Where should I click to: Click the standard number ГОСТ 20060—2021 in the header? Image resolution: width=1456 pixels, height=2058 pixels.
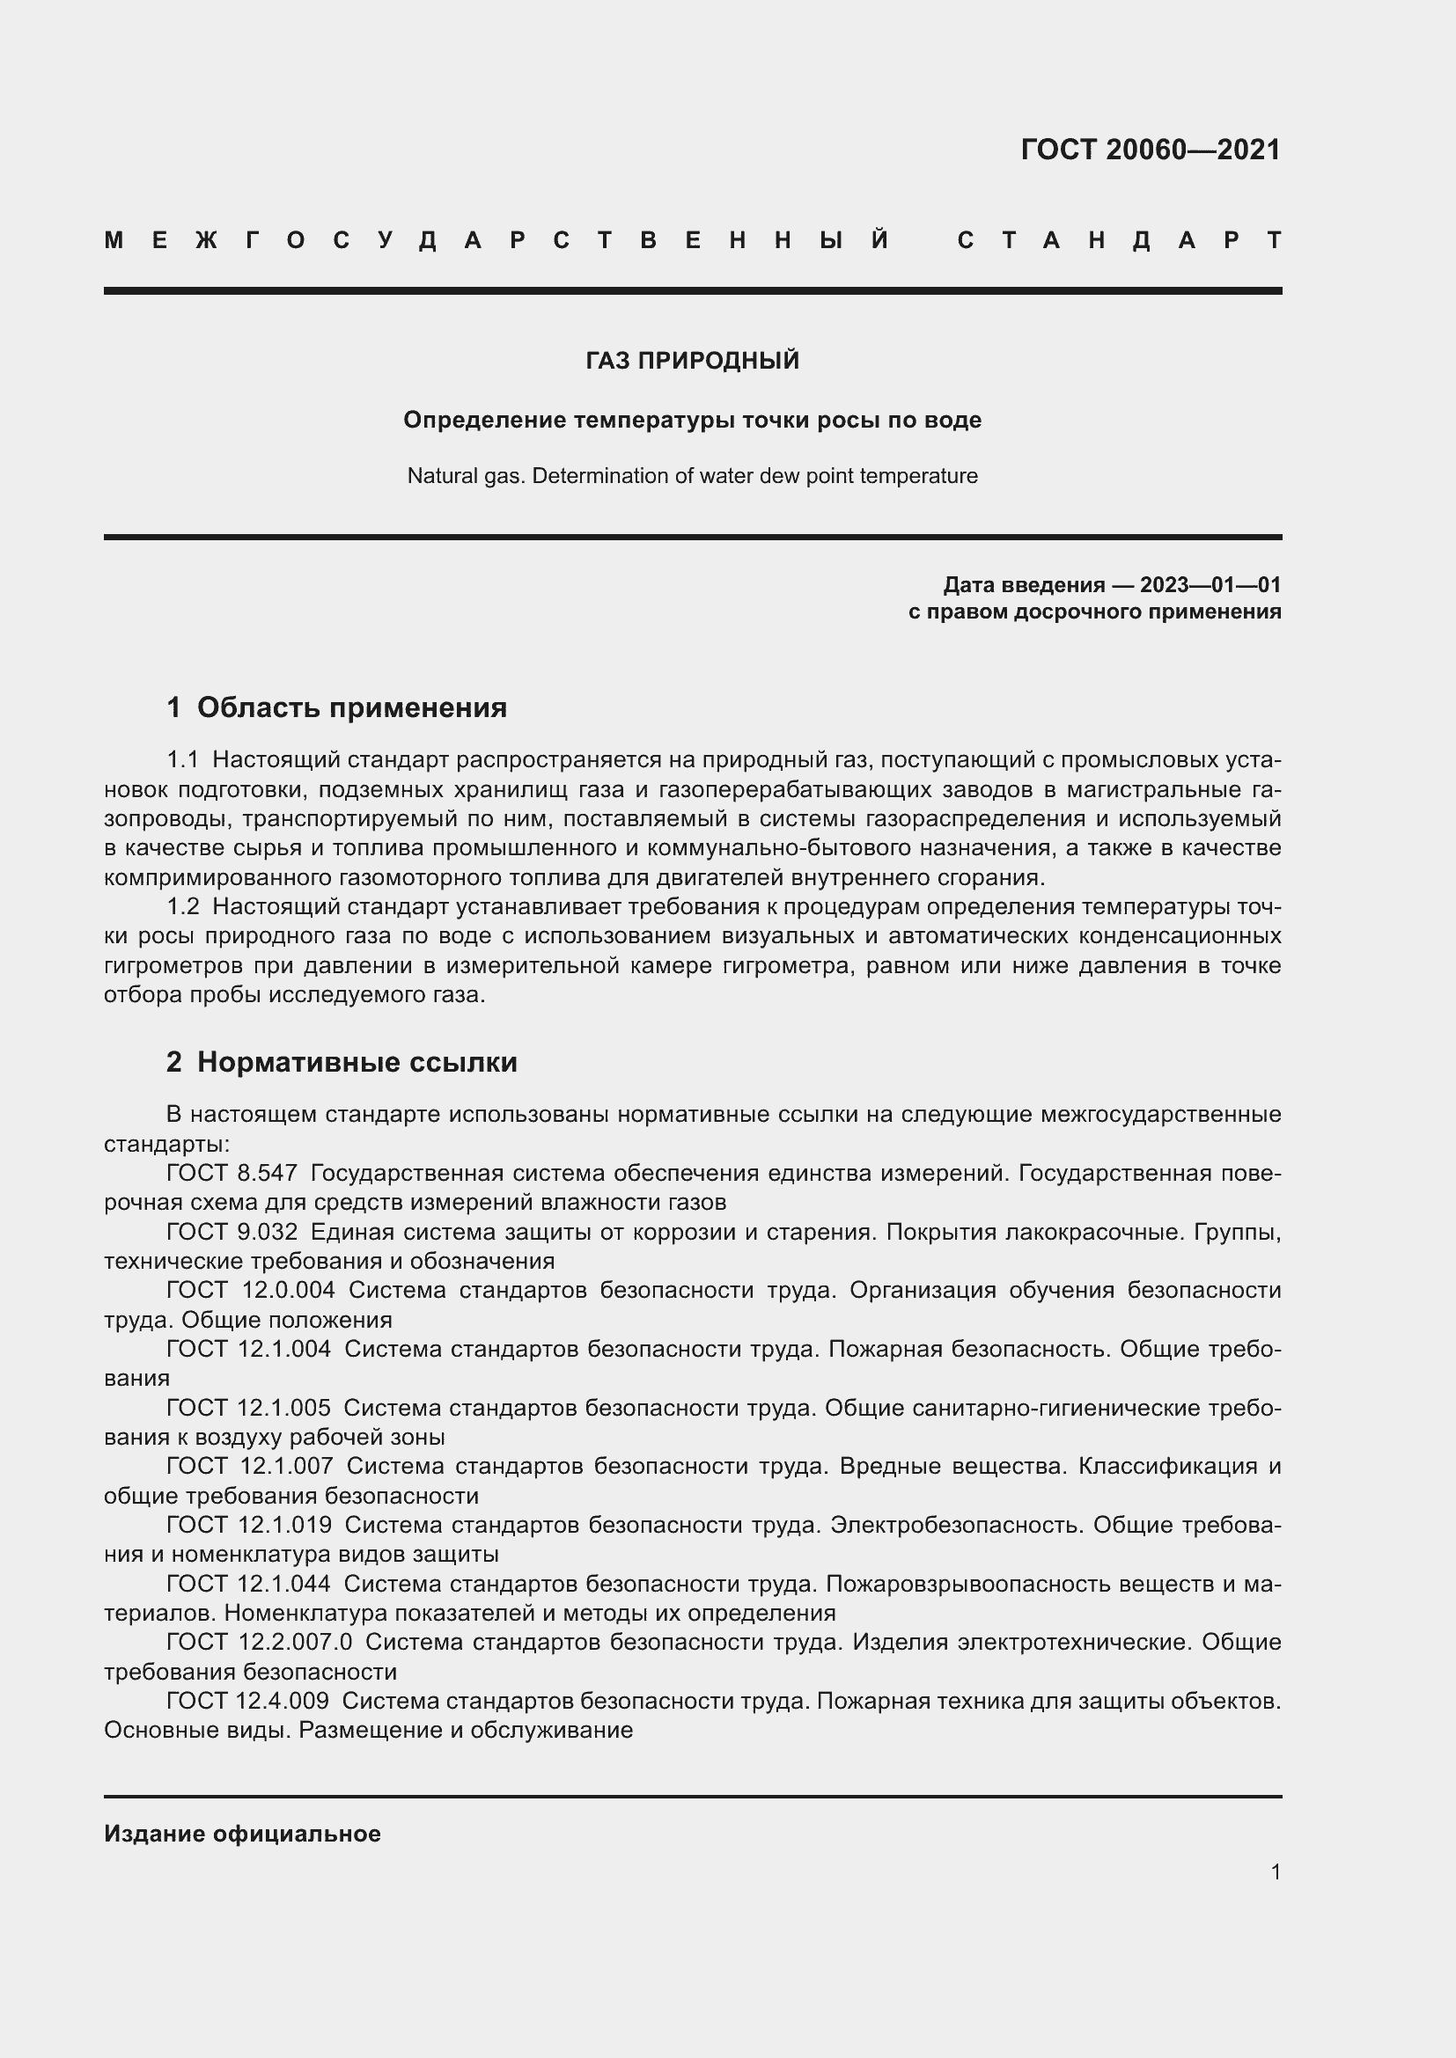1151,150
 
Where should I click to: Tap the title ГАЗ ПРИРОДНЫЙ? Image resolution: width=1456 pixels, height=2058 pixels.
692,362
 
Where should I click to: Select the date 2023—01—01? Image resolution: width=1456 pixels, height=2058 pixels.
1210,585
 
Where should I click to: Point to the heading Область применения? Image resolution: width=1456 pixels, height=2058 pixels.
351,707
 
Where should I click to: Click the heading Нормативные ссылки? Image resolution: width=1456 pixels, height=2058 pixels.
357,1062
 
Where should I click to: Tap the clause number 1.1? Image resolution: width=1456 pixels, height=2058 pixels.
182,760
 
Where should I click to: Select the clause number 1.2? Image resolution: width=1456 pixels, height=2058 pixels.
182,907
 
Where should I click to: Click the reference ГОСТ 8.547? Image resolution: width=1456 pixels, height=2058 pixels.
232,1174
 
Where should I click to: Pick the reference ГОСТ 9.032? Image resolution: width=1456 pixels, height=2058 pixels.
232,1233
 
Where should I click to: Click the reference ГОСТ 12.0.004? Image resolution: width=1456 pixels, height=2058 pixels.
250,1291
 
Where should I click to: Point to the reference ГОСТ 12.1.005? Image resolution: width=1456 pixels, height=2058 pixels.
247,1408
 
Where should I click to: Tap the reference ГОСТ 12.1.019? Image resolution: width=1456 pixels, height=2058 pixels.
248,1525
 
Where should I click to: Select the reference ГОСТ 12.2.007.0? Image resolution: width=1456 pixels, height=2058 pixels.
259,1642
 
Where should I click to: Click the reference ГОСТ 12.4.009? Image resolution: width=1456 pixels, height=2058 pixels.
247,1701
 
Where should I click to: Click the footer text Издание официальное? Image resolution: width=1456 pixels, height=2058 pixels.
242,1834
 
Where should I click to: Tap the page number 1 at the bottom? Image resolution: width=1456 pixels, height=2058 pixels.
1275,1871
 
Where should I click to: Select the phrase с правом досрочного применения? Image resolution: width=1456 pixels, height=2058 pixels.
1094,612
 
